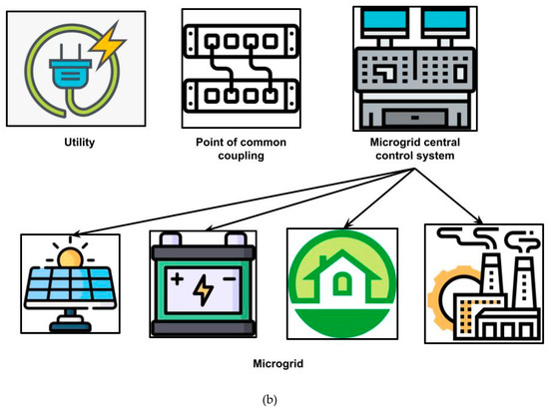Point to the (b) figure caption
click(x=274, y=396)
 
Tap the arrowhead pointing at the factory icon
click(x=488, y=220)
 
